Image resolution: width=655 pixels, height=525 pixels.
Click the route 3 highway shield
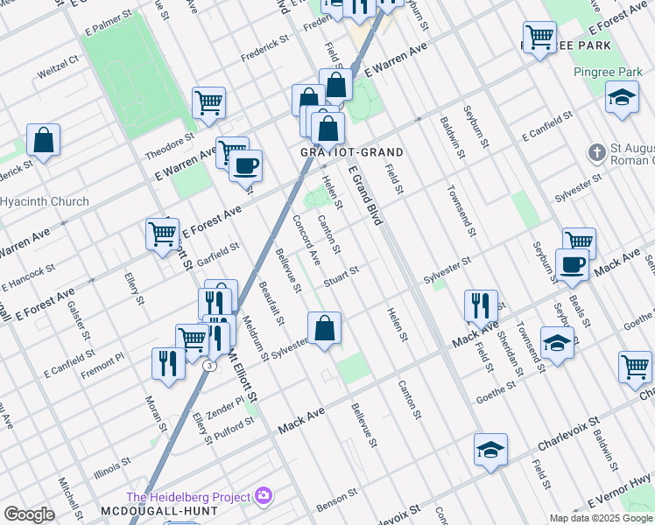[208, 366]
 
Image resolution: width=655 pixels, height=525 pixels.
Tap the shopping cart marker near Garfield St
[162, 234]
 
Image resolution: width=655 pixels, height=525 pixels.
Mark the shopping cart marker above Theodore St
[209, 102]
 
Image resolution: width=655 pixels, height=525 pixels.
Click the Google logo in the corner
[29, 514]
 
